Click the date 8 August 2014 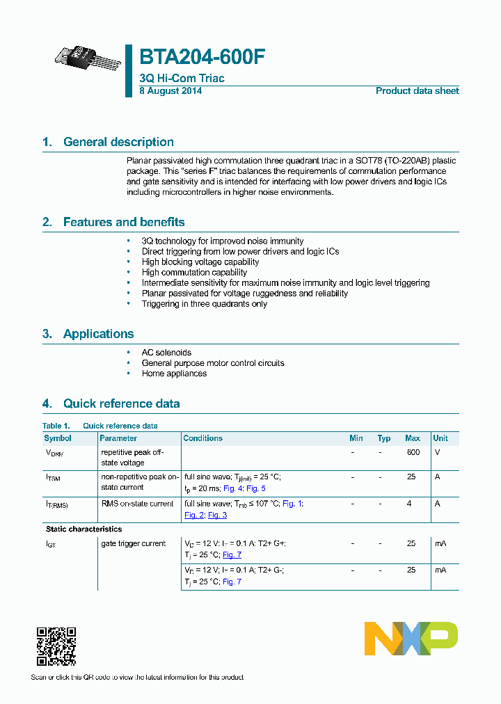pos(170,91)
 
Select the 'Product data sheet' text pos(417,91)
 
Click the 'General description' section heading pos(118,142)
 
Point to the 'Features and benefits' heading pos(124,222)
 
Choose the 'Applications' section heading pos(98,334)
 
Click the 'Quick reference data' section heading pos(121,403)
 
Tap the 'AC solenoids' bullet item pos(166,353)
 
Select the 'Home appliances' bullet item pos(174,374)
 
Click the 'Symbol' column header pos(58,438)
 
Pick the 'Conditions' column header pos(202,438)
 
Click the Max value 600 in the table pos(413,452)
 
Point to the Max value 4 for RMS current pos(411,504)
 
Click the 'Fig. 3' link pos(218,515)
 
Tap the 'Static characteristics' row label pos(83,529)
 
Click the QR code pos(56,646)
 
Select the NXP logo pos(411,639)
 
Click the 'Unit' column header pos(440,438)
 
